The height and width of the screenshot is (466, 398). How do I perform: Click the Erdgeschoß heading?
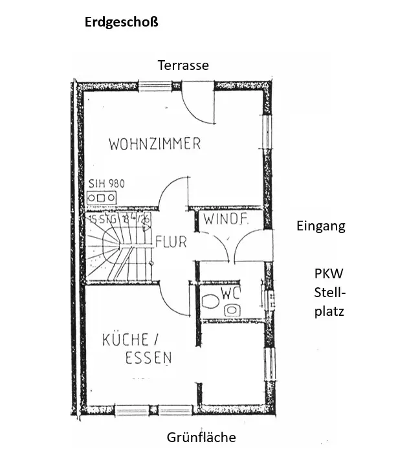tap(122, 22)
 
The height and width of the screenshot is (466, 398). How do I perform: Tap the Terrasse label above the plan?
tap(184, 65)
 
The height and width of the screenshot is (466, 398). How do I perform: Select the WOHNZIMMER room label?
tap(155, 144)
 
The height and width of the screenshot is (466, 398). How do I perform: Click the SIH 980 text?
tap(106, 184)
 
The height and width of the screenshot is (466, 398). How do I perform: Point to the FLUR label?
tap(171, 243)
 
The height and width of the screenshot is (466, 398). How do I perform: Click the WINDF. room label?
tap(225, 219)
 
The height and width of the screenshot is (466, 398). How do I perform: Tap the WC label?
tap(231, 293)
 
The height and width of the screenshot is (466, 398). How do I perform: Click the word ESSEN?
tap(148, 357)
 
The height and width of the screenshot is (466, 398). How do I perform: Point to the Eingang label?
tap(321, 226)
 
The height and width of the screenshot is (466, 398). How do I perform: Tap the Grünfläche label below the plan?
tap(201, 438)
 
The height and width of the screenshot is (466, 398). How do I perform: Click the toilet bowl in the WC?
tap(210, 301)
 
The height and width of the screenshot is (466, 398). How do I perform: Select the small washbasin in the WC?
tap(232, 310)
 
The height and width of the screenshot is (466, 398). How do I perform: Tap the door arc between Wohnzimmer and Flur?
tap(171, 193)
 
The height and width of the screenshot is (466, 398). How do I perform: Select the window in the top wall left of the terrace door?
tap(155, 85)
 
